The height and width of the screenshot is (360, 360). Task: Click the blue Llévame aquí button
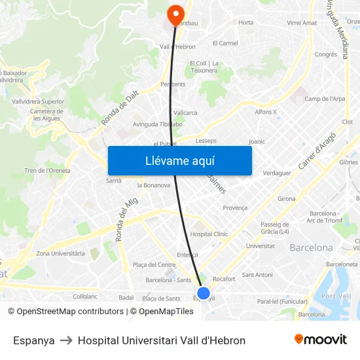point(179,160)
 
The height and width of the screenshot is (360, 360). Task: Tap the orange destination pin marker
point(175,14)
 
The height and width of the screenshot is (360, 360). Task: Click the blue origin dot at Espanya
point(204,293)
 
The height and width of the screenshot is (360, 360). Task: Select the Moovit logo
point(320,340)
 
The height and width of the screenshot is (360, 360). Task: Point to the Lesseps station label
point(206,140)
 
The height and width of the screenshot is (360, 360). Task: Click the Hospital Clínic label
point(209,234)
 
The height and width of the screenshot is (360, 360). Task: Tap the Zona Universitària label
point(60,253)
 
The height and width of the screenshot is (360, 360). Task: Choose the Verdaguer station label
point(276,173)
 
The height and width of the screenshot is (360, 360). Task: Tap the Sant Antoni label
point(257,275)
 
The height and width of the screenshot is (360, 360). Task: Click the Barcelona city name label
point(311,248)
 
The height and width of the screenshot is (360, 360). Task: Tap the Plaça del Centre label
point(154,264)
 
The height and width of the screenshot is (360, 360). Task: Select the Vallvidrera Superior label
point(38,101)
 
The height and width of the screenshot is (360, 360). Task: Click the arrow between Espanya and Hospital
point(66,340)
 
